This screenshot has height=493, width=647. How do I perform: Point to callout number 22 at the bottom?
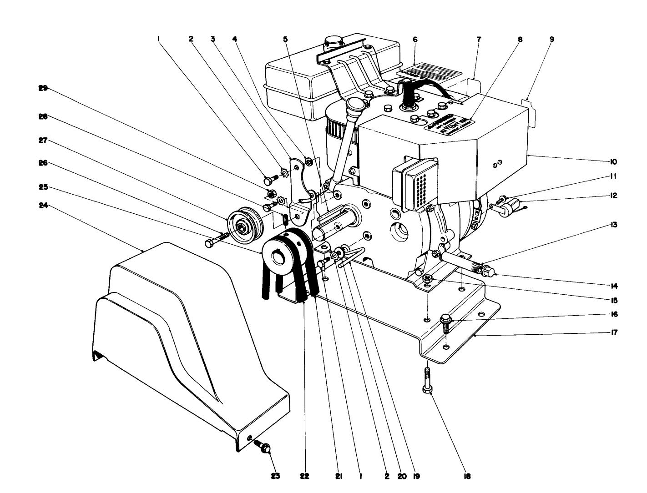pyautogui.click(x=304, y=476)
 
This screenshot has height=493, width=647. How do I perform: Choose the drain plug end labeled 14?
pyautogui.click(x=490, y=272)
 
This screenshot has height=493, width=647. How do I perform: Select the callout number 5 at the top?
pyautogui.click(x=285, y=39)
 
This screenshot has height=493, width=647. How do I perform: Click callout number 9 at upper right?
pyautogui.click(x=552, y=39)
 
